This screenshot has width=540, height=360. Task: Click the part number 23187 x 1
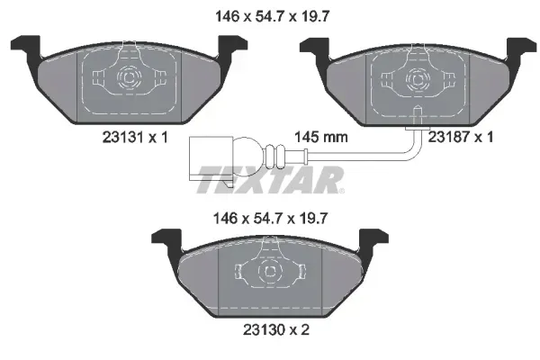(462, 138)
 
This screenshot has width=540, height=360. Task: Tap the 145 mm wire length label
(321, 138)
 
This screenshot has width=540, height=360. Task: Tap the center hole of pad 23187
(417, 78)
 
